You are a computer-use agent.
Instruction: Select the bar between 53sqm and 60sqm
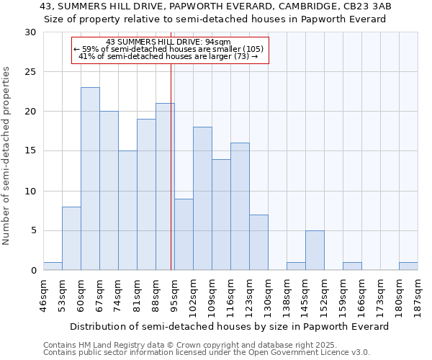click(71, 238)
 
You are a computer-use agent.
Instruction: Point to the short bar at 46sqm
click(53, 266)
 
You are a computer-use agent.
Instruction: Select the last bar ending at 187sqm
click(408, 266)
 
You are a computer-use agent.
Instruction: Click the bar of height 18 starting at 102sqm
click(202, 199)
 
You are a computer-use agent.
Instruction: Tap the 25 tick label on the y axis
click(30, 72)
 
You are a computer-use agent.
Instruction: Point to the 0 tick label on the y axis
click(33, 271)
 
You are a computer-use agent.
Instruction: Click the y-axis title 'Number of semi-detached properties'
click(7, 156)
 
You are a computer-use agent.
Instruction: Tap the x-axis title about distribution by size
click(230, 326)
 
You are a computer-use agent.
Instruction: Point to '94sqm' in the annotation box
click(217, 42)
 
